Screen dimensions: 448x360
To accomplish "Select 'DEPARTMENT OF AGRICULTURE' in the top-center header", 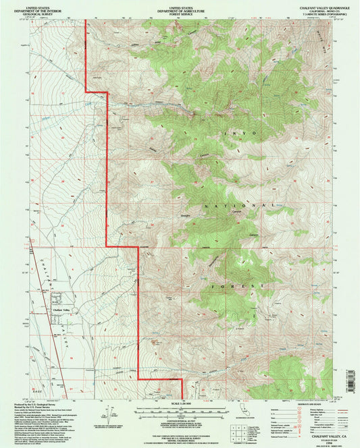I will click(180, 7).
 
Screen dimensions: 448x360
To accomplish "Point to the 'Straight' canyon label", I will click(185, 215).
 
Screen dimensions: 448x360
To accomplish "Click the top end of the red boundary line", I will click(84, 21).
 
